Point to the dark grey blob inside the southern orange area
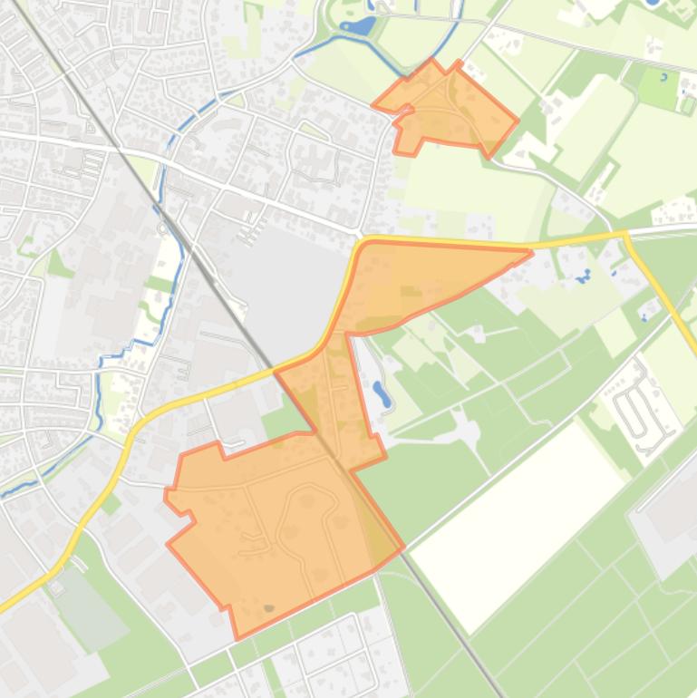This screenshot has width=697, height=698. pos(267,608)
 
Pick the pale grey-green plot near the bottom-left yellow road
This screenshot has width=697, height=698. pos(87,603)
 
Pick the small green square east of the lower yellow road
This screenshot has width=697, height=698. pos(111,504)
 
